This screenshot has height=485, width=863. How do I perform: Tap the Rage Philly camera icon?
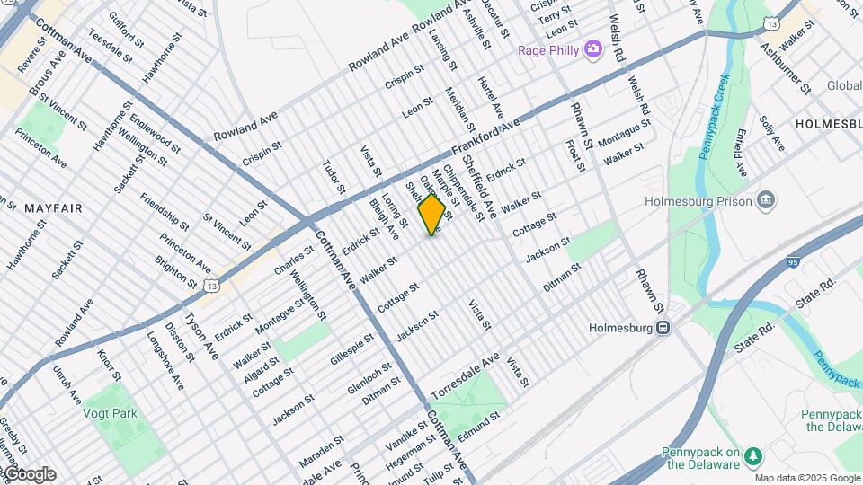(x=592, y=48)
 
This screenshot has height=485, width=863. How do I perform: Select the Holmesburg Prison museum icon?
(x=767, y=199)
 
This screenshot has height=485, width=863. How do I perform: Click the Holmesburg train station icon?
(x=663, y=328)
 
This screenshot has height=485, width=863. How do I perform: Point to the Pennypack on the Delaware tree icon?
(x=755, y=457)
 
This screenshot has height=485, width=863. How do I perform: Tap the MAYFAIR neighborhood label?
(x=53, y=208)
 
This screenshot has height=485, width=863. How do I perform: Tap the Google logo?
(x=29, y=474)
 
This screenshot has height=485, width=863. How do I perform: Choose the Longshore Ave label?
(x=165, y=361)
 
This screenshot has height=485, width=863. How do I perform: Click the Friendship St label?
(x=165, y=210)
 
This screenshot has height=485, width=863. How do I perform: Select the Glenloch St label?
(x=369, y=378)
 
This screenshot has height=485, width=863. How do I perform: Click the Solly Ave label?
(x=771, y=134)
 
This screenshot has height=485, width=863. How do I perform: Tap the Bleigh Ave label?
(x=384, y=219)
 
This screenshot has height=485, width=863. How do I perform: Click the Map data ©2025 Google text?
(x=806, y=478)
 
